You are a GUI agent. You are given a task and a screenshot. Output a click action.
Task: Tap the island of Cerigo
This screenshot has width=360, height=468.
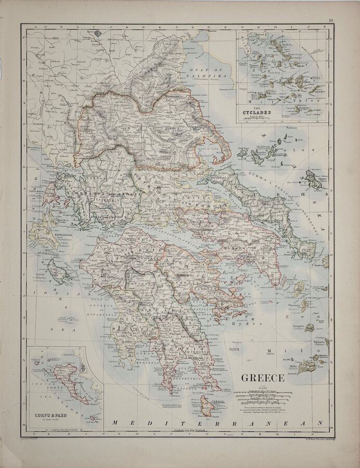point(207,408)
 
